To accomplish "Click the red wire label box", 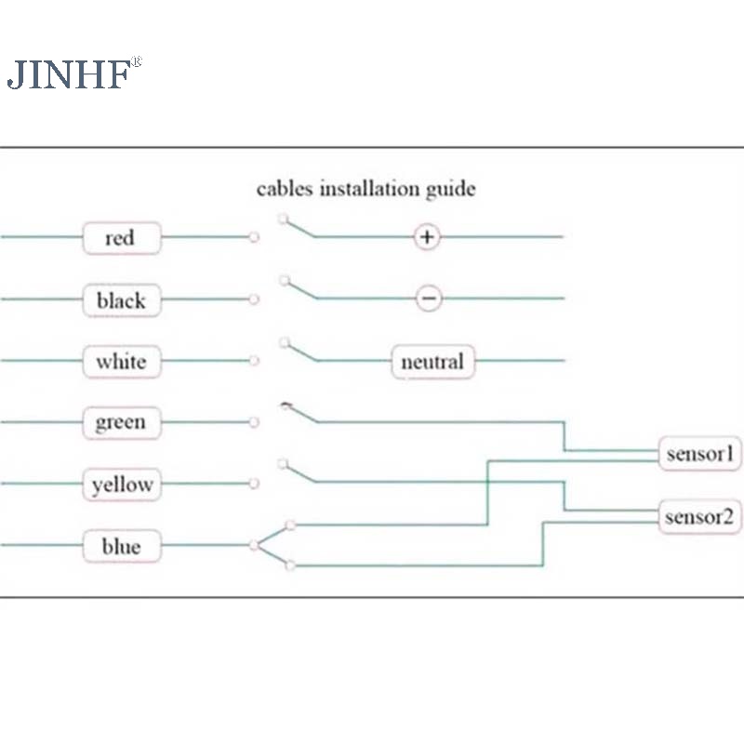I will pyautogui.click(x=121, y=238).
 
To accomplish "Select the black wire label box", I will pyautogui.click(x=121, y=299).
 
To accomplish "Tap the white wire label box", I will pyautogui.click(x=121, y=361).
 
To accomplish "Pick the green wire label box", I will pyautogui.click(x=121, y=422).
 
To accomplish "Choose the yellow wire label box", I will pyautogui.click(x=121, y=485).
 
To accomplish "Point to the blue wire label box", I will pyautogui.click(x=121, y=546).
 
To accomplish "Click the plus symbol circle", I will pyautogui.click(x=427, y=237).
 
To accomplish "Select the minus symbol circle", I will pyautogui.click(x=428, y=299).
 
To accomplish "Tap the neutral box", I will pyautogui.click(x=432, y=361).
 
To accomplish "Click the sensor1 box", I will pyautogui.click(x=700, y=454).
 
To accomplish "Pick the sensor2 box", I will pyautogui.click(x=700, y=516).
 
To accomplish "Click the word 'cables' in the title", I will pyautogui.click(x=286, y=189).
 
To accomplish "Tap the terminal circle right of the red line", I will pyautogui.click(x=254, y=238).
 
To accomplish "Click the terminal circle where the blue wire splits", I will pyautogui.click(x=254, y=546).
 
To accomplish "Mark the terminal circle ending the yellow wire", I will pyautogui.click(x=254, y=484).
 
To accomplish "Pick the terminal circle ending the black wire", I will pyautogui.click(x=254, y=299).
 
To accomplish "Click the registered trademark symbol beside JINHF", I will pyautogui.click(x=136, y=62).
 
